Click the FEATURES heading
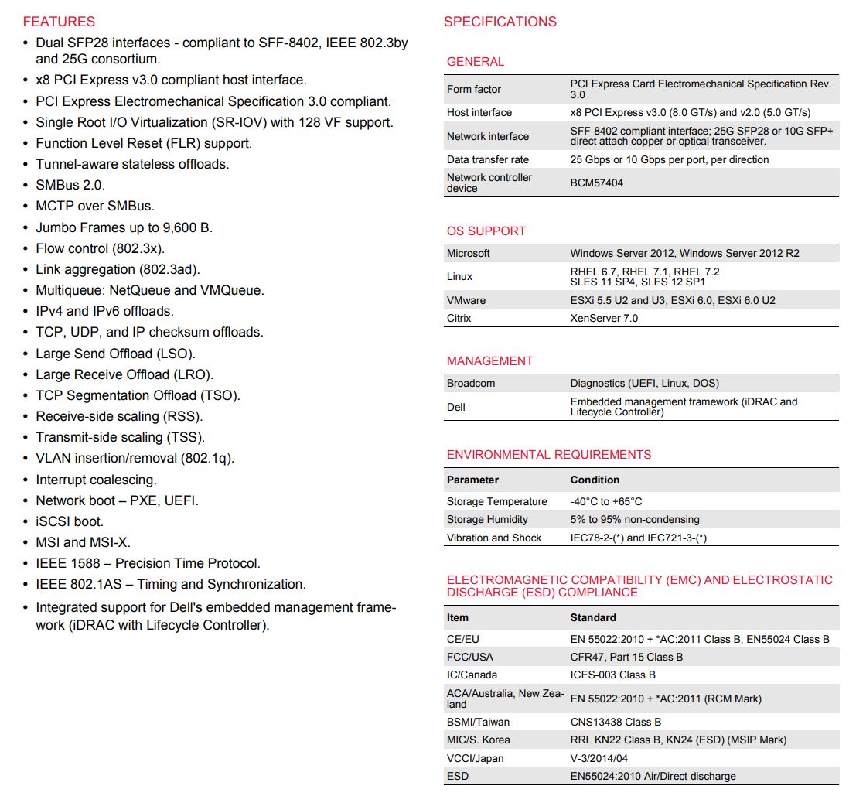59,22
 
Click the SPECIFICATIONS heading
500,22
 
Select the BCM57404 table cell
596,183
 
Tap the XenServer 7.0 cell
604,318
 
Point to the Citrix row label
459,318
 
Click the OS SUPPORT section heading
486,231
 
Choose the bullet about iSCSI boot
70,521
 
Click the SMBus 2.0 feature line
70,186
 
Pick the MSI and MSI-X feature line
83,542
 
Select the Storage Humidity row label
487,520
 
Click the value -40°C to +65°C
606,501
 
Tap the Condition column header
595,480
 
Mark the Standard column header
593,617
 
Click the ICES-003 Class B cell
612,675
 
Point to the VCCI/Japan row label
475,758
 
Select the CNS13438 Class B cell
616,722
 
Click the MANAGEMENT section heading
489,360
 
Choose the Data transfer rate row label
488,159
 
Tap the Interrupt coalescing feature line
96,480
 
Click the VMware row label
466,300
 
